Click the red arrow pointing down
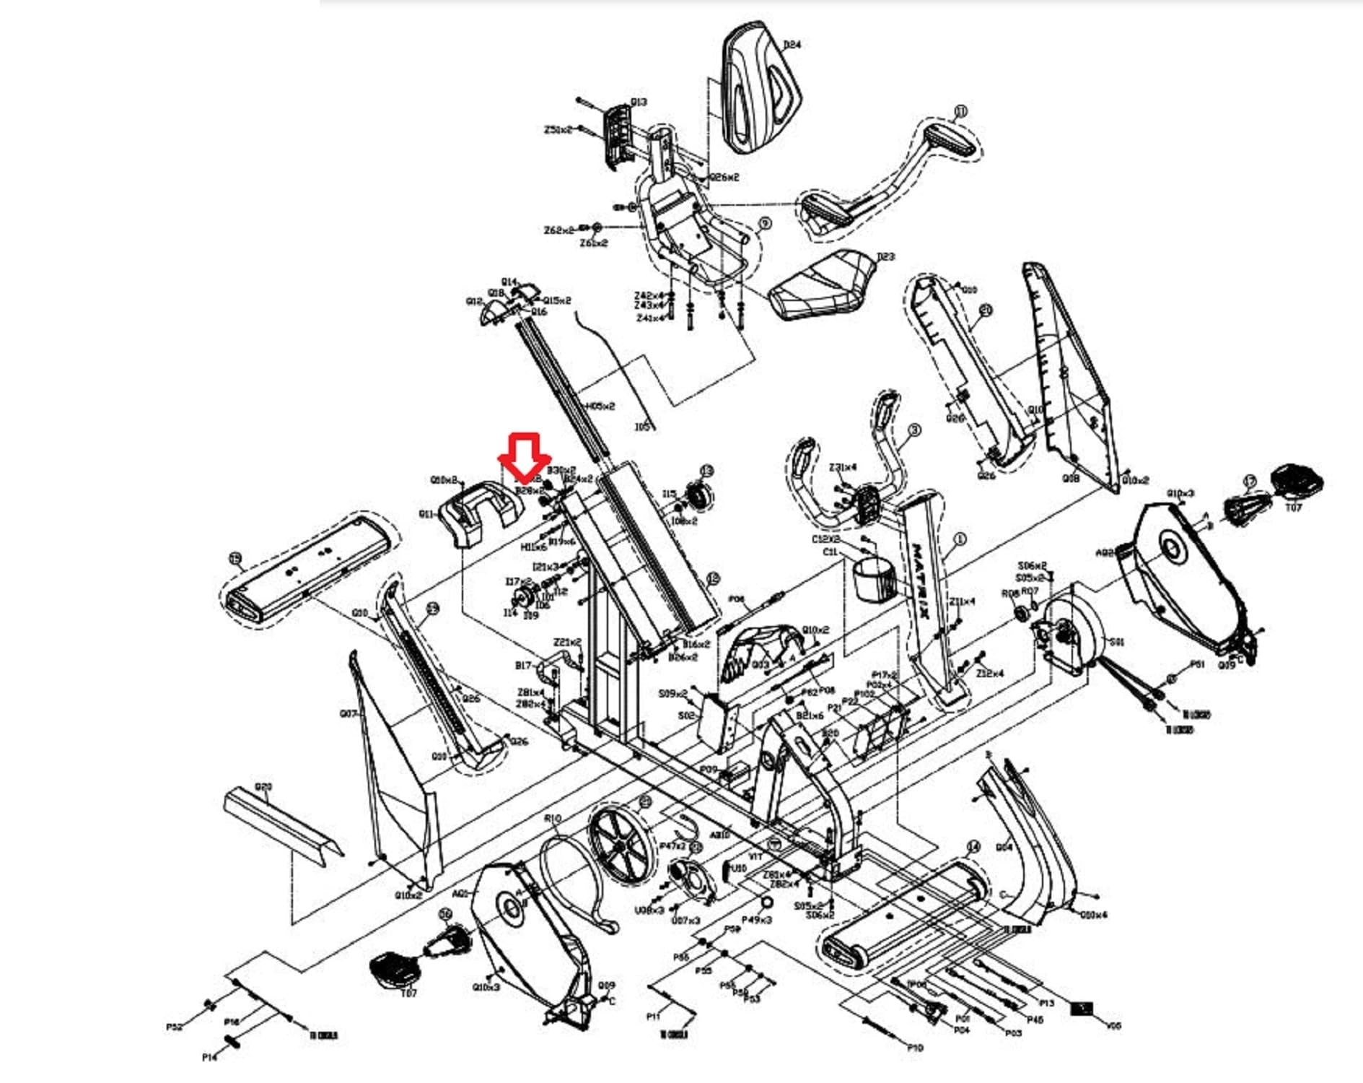525,457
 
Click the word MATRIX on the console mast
924,581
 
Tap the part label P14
209,1057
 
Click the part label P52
174,1027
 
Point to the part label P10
915,1047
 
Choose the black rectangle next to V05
1082,1009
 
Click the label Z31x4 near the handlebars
843,467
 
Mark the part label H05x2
600,406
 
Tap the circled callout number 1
960,539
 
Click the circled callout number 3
914,430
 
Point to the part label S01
1116,642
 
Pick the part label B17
523,666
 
